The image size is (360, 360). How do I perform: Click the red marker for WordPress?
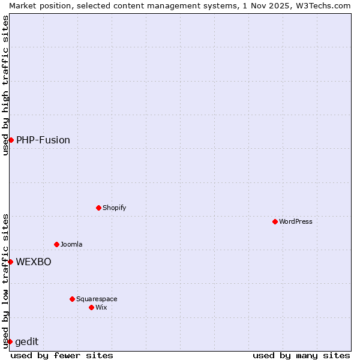(x=275, y=221)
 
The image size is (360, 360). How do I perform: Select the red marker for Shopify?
(x=98, y=208)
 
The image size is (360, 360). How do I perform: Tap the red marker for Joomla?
(x=56, y=244)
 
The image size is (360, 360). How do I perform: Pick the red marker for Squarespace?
(x=72, y=299)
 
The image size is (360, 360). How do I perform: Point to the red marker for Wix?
(x=91, y=307)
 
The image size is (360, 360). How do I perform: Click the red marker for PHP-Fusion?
(x=11, y=140)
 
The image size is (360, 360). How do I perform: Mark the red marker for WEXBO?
(x=10, y=262)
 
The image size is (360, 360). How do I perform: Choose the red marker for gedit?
(x=10, y=341)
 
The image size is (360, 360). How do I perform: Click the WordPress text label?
(x=296, y=221)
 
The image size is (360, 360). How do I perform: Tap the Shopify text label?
(x=115, y=208)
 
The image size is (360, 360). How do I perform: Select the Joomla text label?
(x=71, y=244)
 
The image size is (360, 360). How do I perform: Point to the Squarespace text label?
(x=97, y=299)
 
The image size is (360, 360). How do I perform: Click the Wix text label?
(x=101, y=307)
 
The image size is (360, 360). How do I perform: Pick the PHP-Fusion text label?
(x=43, y=140)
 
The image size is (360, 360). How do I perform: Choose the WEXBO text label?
(x=34, y=262)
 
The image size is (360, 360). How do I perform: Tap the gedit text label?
(x=27, y=341)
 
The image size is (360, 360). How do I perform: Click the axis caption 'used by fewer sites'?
(x=62, y=355)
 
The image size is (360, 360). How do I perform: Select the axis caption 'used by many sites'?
(x=301, y=355)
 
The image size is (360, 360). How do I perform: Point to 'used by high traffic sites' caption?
(x=5, y=85)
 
